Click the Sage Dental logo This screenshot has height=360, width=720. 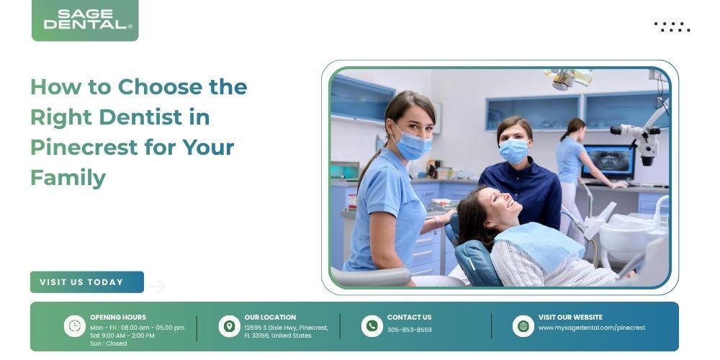pos(85,20)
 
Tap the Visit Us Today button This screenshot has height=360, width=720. pos(87,282)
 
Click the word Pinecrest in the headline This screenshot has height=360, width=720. pos(84,148)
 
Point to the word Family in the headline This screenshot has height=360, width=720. pos(68,178)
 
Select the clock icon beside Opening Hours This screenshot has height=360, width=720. pos(74,326)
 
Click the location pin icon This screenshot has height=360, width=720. pos(229,326)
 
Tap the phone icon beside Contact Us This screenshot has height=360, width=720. pos(372,326)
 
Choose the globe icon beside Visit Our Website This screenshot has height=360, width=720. pos(523,326)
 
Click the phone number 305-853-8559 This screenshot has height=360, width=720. pos(409,330)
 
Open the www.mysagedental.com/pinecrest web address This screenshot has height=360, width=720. pos(591,328)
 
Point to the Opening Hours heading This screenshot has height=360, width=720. pos(118,318)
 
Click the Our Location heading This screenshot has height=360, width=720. pos(270,318)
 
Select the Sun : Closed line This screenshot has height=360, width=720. pos(109,343)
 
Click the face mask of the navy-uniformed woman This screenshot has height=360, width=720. pos(514,150)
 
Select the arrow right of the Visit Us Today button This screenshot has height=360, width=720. pos(156,286)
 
